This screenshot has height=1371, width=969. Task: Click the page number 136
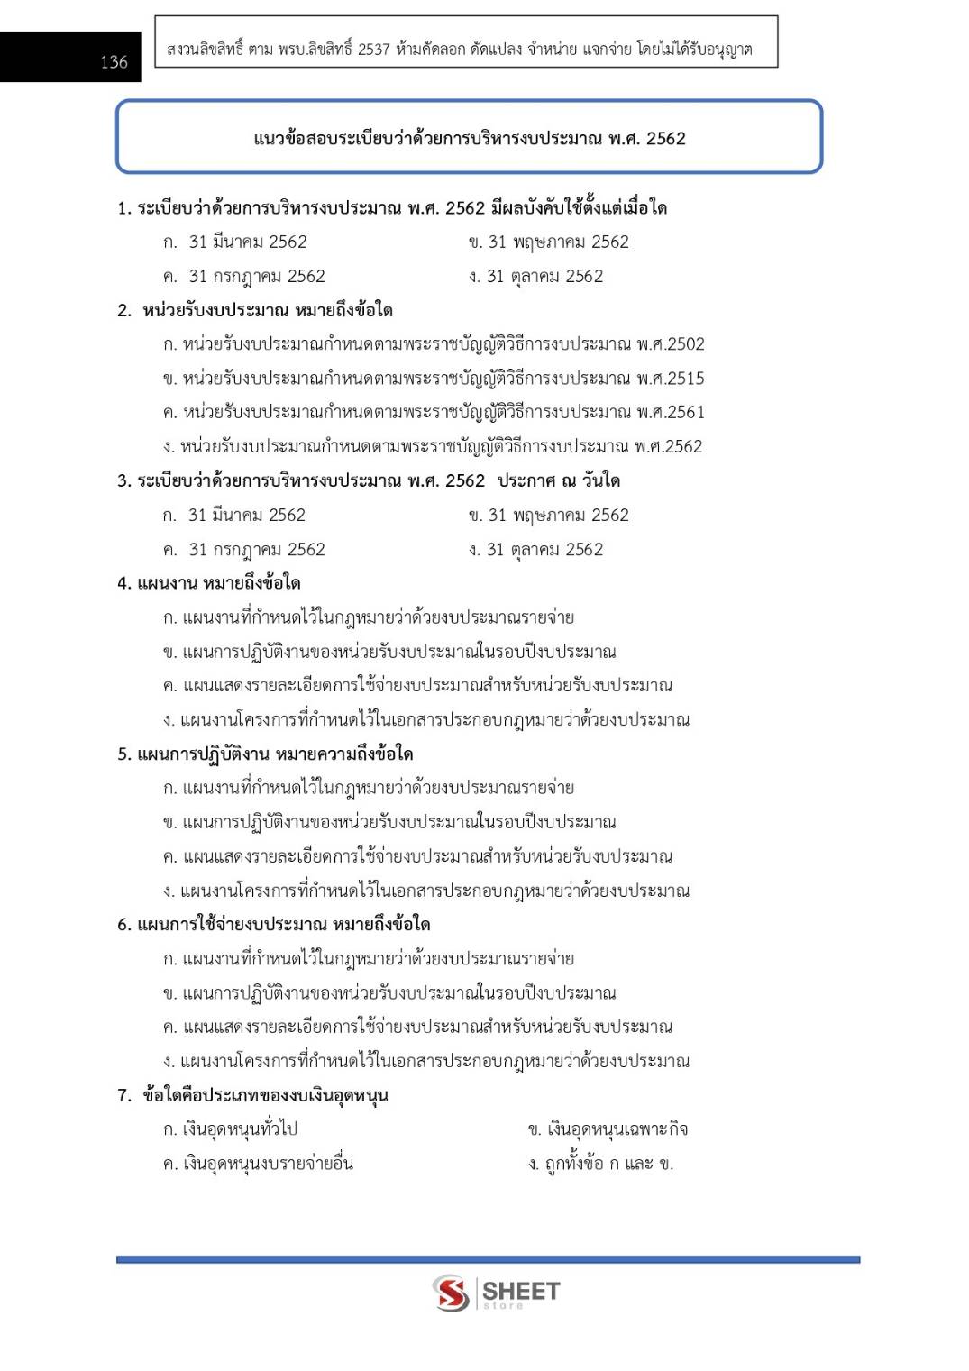[114, 61]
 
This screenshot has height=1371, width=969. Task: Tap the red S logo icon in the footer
[450, 1293]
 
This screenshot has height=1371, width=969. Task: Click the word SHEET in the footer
[521, 1290]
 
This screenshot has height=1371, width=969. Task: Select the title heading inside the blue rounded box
[469, 138]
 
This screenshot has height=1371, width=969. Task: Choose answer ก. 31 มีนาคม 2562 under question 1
[235, 242]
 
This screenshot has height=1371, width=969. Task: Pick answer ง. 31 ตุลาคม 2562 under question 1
[535, 276]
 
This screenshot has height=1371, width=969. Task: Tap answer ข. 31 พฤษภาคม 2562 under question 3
[548, 515]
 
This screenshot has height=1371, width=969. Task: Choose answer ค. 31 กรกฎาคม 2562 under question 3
[244, 549]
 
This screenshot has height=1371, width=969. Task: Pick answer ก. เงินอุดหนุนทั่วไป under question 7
[230, 1129]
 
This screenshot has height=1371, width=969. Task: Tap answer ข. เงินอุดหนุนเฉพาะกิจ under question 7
[608, 1129]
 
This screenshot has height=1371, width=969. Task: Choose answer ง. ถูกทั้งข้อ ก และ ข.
[600, 1163]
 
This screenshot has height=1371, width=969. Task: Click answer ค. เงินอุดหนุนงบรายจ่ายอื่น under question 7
[258, 1163]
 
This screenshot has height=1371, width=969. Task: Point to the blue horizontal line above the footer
[488, 1259]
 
